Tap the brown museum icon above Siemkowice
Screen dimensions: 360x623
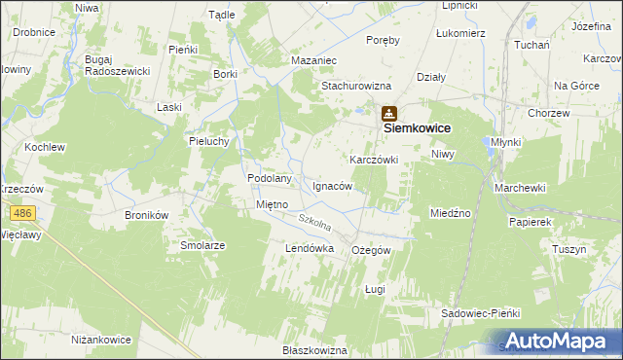(389, 113)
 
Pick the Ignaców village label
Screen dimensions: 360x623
(332, 185)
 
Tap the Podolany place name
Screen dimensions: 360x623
(270, 178)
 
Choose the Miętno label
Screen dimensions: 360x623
(272, 205)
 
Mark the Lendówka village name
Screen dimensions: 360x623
(310, 249)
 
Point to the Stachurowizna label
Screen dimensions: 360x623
(355, 85)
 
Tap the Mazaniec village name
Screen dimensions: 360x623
(313, 59)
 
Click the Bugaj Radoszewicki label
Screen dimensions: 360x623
(117, 65)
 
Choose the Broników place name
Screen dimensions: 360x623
(147, 214)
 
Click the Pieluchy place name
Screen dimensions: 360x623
(208, 140)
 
